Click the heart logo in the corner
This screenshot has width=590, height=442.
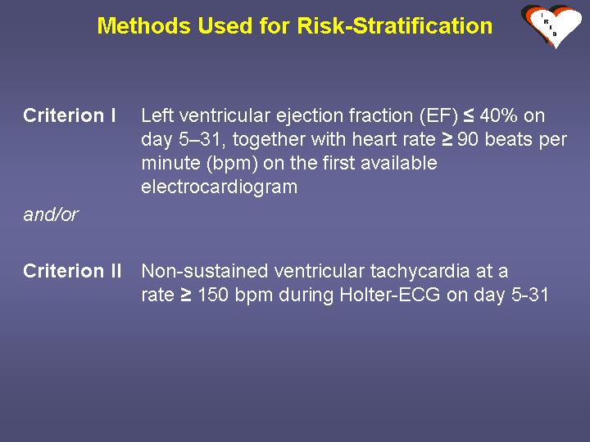point(551,26)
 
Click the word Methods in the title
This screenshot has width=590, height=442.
point(144,26)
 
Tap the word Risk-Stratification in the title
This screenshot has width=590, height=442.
point(395,26)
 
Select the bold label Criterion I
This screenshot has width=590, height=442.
point(70,115)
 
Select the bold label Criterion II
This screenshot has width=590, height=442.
point(72,271)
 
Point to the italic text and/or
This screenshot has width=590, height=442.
point(51,214)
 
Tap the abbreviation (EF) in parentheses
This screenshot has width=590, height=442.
point(438,116)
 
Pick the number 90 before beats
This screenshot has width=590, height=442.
point(468,139)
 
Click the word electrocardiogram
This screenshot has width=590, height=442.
point(220,187)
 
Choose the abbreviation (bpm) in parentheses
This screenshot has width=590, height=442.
point(232,164)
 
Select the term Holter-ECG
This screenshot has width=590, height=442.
point(390,295)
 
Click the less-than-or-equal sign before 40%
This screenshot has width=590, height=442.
point(469,115)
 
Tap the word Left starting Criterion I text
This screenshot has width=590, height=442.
point(157,115)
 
